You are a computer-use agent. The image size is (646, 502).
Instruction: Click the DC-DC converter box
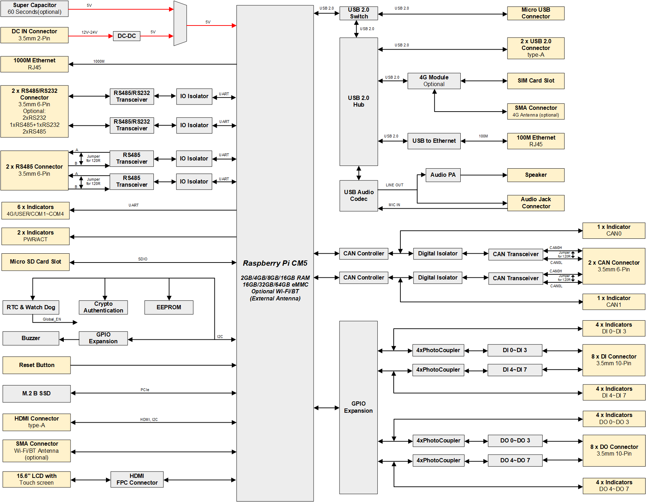click(127, 36)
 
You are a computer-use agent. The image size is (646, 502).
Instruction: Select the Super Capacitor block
click(34, 9)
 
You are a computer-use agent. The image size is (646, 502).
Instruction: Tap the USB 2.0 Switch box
click(359, 13)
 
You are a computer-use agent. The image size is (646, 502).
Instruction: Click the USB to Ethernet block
click(434, 141)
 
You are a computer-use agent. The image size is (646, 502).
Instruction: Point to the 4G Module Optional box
click(434, 81)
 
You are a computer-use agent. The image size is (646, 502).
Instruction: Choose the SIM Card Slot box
click(535, 81)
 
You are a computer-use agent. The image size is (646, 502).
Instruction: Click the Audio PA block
click(443, 175)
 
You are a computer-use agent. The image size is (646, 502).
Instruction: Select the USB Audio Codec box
click(358, 196)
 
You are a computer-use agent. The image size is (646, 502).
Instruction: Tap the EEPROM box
click(169, 307)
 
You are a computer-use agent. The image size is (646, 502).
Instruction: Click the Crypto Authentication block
click(103, 307)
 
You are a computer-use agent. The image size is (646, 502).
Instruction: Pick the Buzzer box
click(31, 338)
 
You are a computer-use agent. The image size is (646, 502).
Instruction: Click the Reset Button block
click(36, 365)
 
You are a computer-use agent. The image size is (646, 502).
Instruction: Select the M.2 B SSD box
click(36, 393)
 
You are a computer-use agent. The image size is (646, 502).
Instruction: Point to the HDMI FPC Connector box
click(137, 479)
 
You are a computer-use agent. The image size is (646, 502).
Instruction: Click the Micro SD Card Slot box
click(35, 262)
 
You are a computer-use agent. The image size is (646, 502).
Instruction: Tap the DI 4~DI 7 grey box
click(515, 370)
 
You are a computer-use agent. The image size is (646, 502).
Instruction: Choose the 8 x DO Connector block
click(614, 450)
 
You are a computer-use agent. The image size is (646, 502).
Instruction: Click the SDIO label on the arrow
click(143, 259)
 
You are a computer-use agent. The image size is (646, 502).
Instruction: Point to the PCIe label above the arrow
click(145, 390)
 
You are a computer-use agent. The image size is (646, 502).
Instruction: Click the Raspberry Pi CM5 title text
click(275, 263)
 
